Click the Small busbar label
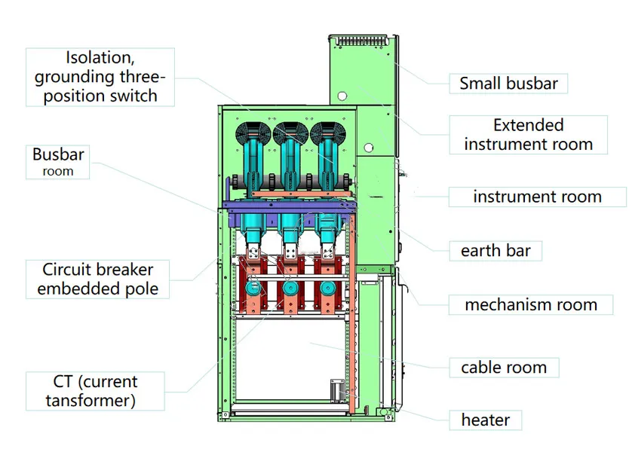coord(508,84)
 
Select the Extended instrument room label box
coord(528,135)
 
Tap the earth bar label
coord(495,251)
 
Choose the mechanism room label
coord(530,305)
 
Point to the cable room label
coord(503,368)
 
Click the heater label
coord(485,420)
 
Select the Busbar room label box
coord(58,162)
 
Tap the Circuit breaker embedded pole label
coord(97,279)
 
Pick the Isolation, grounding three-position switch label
coord(100,77)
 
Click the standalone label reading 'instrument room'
coord(537,197)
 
